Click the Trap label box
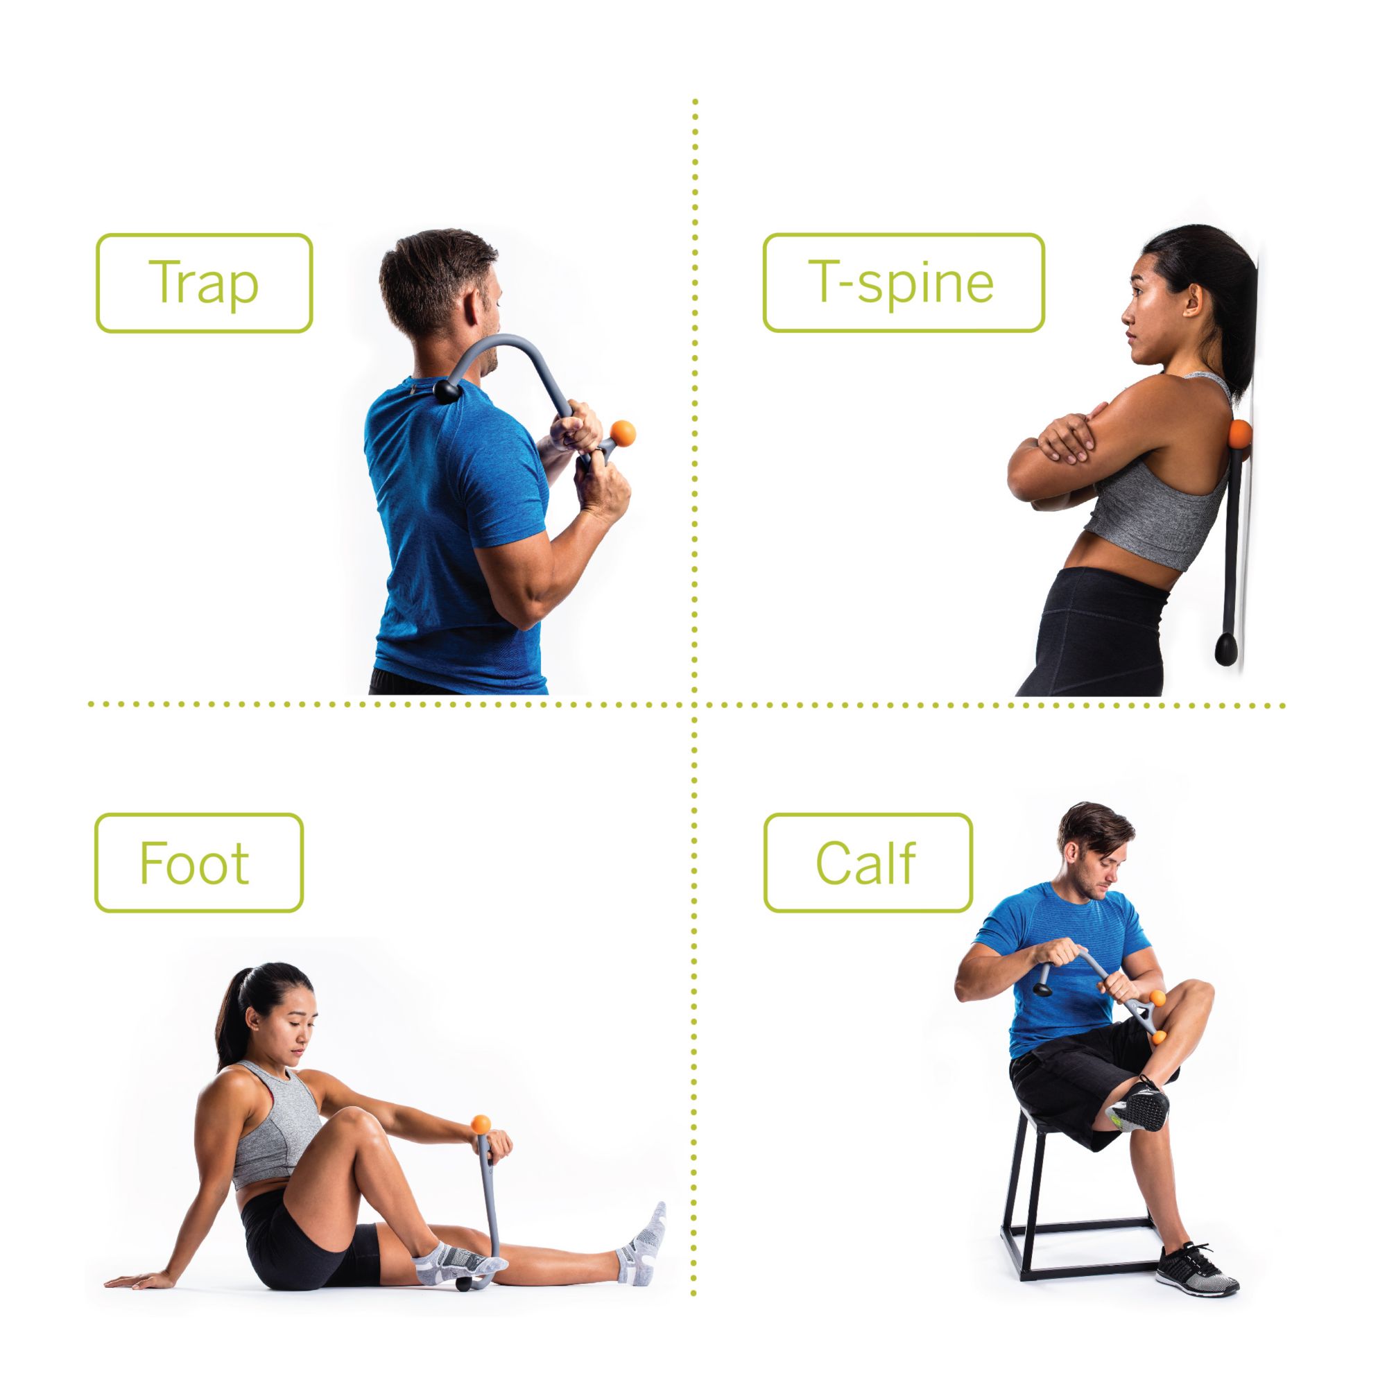point(204,283)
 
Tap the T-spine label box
point(902,282)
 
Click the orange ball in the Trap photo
point(621,433)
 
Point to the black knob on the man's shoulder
point(448,391)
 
